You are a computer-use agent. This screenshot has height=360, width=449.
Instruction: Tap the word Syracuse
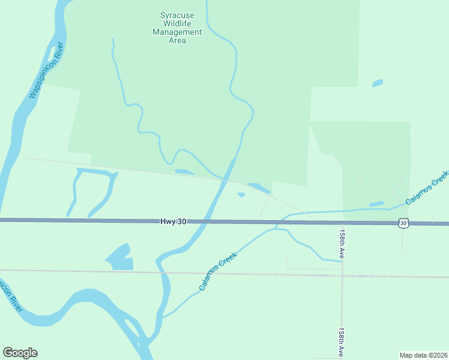point(177,15)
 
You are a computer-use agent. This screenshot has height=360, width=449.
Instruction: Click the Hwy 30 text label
point(173,221)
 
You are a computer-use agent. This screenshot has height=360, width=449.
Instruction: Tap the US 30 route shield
point(403,223)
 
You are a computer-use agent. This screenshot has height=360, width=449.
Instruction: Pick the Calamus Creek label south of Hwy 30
point(218,271)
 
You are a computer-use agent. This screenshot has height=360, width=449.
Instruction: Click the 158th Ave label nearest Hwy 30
point(342,243)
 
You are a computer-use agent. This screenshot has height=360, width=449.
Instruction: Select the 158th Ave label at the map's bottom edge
point(342,343)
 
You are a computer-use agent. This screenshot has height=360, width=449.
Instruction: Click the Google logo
point(20,353)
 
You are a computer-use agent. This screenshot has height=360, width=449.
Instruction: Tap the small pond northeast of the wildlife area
point(377,83)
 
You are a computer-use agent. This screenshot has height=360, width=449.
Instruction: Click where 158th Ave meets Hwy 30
point(343,223)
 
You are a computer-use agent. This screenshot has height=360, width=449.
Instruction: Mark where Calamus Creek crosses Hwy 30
point(277,223)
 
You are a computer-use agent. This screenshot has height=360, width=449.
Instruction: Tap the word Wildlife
point(177,23)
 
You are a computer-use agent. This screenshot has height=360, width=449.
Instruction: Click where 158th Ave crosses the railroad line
point(342,275)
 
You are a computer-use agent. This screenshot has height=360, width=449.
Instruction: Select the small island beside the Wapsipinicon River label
point(52,53)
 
